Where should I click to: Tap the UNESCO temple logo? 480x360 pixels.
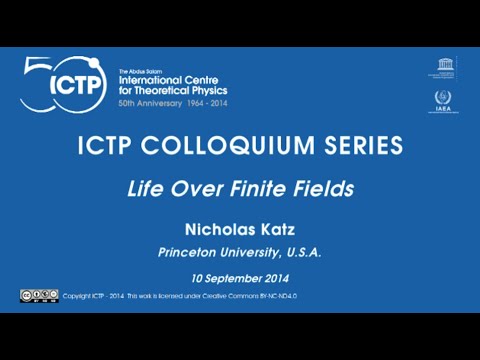[443, 68]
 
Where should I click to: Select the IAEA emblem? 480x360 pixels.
[443, 100]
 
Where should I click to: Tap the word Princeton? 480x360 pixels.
[191, 253]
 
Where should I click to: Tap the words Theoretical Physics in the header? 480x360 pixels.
[174, 91]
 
